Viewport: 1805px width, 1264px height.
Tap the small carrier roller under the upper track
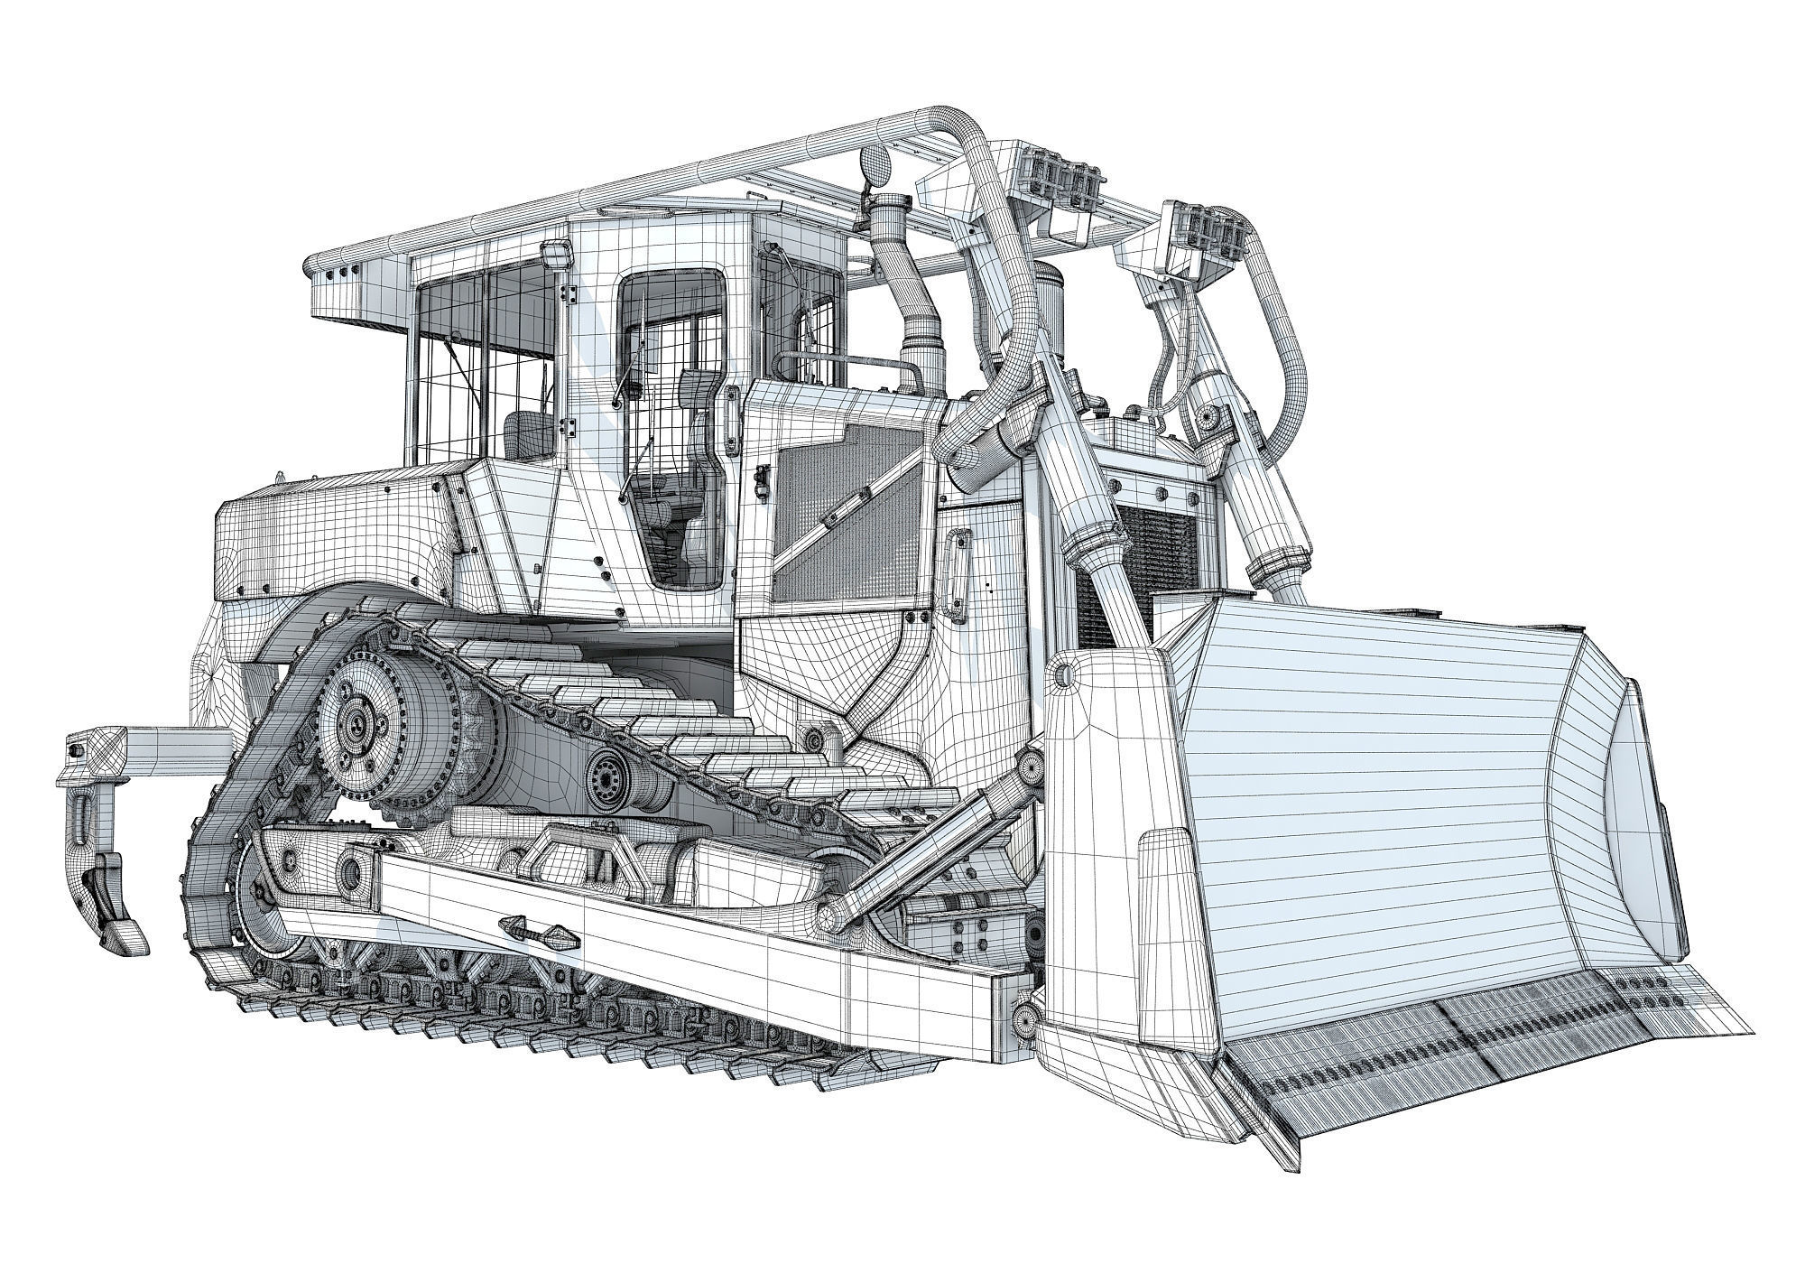[x=603, y=772]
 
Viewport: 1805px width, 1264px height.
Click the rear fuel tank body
[x=334, y=542]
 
